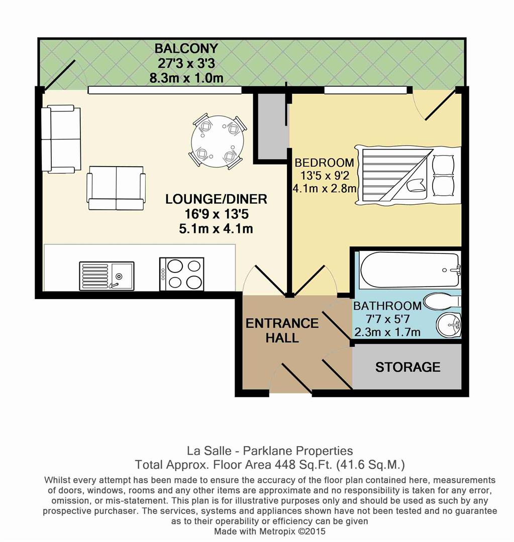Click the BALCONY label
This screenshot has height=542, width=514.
(186, 49)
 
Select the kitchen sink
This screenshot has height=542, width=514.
(107, 276)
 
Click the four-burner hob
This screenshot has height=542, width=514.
(181, 274)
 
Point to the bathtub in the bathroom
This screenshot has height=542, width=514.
(408, 269)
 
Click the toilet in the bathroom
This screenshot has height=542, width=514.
(441, 302)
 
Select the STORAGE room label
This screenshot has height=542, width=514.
(407, 367)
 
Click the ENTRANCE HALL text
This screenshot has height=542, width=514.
(282, 330)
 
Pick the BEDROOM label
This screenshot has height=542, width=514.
(324, 163)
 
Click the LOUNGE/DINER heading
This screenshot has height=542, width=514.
(216, 199)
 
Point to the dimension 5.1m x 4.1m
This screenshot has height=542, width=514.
(216, 229)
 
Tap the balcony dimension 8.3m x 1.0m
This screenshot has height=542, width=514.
(186, 78)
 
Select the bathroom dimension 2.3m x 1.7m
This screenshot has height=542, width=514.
(387, 332)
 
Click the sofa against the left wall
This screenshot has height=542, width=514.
(61, 139)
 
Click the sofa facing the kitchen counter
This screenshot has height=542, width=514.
(116, 191)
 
